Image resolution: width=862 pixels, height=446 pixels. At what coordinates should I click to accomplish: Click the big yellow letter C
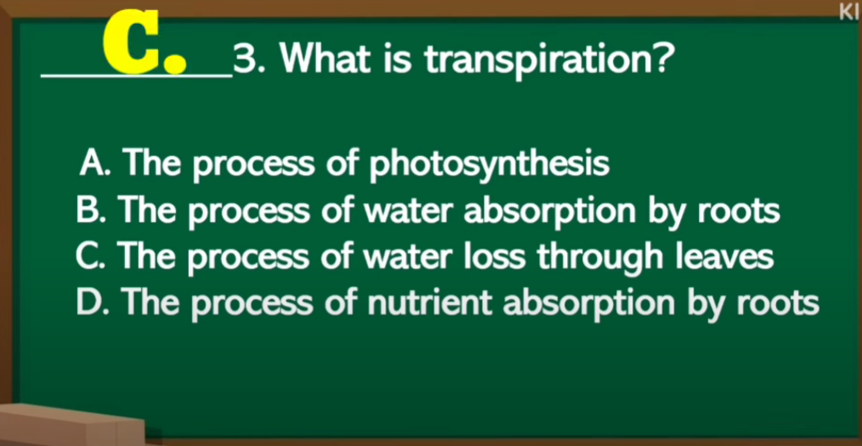132,42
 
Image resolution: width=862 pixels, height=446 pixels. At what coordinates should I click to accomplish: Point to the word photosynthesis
490,165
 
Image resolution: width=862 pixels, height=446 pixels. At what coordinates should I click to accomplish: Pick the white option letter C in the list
88,257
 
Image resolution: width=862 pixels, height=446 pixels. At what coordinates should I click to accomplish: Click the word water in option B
408,211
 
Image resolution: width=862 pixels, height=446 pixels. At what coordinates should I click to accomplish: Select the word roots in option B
738,212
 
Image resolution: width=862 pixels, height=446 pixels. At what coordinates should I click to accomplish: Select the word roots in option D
777,304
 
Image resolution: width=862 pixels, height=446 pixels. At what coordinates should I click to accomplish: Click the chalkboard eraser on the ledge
71,426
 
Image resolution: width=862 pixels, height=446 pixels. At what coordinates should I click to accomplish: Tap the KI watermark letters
850,11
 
